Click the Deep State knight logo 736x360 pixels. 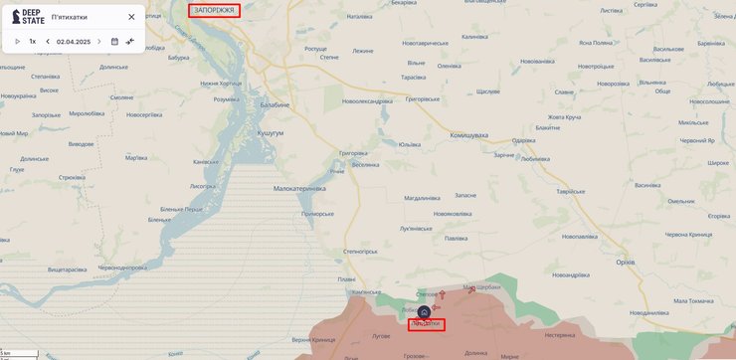15,17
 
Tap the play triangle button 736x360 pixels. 17,42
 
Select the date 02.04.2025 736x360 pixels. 74,42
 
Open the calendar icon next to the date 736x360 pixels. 114,42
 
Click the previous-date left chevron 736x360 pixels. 48,42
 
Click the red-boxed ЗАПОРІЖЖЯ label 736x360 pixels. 215,10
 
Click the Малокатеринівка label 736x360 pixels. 299,187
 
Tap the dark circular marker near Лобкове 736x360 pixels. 423,312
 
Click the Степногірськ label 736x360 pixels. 364,252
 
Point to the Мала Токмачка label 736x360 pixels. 693,300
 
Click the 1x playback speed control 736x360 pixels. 33,42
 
